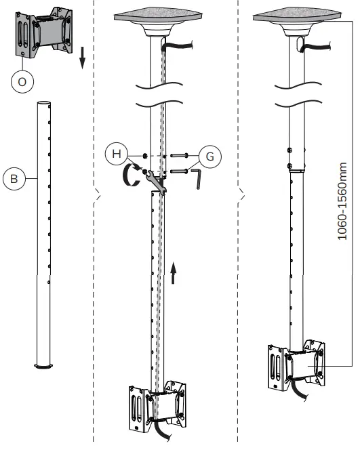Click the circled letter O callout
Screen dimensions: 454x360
(22, 81)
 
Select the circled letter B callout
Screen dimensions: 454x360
(13, 180)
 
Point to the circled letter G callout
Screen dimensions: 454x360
(209, 156)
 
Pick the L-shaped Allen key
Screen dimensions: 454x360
(197, 179)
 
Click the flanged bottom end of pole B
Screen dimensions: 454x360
(43, 366)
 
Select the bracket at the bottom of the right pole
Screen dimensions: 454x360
(294, 366)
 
